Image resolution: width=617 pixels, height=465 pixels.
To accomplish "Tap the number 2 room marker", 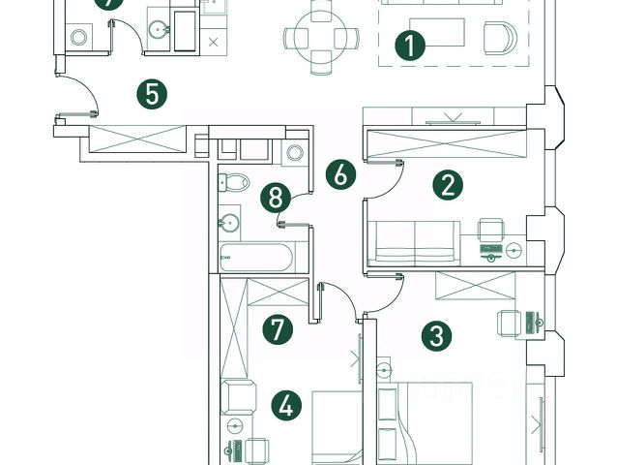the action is tap(446, 184).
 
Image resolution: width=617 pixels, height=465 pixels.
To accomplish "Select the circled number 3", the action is tap(436, 335).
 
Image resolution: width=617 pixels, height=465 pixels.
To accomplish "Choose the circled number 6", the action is tap(339, 175).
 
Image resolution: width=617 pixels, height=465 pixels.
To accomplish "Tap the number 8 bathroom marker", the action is tap(277, 198).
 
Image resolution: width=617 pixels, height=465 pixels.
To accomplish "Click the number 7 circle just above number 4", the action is tap(277, 328).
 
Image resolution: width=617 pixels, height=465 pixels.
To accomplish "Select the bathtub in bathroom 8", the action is tap(255, 258).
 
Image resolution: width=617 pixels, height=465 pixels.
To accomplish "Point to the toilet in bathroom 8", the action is tap(235, 181).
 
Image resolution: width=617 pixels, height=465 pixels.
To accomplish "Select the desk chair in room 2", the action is tap(491, 229).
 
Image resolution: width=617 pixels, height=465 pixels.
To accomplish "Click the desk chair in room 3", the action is tap(509, 322).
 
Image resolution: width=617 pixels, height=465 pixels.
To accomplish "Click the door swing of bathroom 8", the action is tap(296, 210).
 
